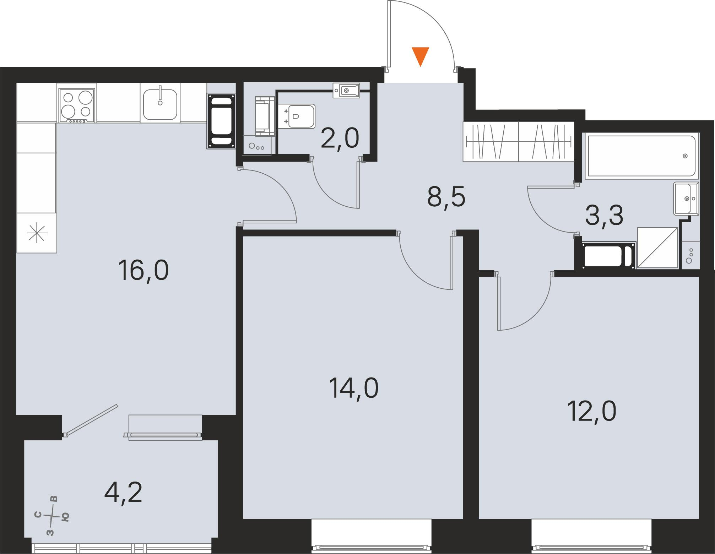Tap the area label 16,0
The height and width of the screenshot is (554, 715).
tap(144, 271)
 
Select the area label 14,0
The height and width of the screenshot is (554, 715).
tap(354, 388)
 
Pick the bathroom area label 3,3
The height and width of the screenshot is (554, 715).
tap(604, 216)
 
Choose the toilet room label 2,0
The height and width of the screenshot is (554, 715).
tap(340, 139)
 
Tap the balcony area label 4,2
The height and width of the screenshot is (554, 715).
tap(123, 493)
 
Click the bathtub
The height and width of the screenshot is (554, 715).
tap(642, 156)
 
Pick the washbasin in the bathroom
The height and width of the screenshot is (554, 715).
tap(686, 199)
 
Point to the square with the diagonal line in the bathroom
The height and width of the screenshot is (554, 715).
tap(657, 248)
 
